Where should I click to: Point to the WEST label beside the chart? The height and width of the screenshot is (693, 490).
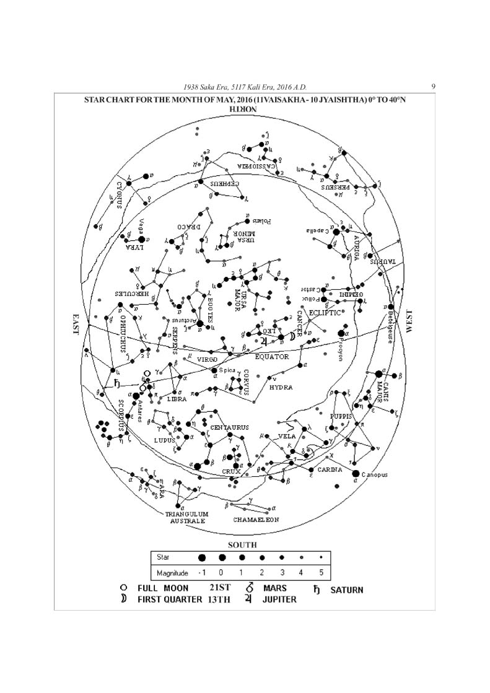[x=408, y=323]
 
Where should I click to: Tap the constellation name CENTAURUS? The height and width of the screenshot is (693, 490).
[x=229, y=427]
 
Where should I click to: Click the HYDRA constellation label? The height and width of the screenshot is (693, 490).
[x=281, y=387]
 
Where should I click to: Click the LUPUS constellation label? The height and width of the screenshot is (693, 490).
[x=165, y=440]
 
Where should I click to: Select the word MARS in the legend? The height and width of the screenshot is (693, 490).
[x=274, y=588]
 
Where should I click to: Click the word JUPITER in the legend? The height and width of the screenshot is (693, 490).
[x=279, y=599]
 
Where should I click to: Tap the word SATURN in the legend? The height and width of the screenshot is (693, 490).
[x=346, y=590]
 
